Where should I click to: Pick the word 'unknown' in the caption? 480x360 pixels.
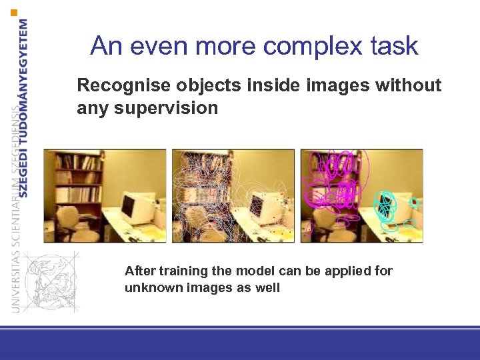[149, 288]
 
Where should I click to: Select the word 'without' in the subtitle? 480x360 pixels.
[409, 85]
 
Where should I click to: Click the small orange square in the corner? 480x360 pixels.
[14, 12]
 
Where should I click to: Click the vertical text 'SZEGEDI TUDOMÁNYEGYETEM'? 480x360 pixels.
[24, 107]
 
